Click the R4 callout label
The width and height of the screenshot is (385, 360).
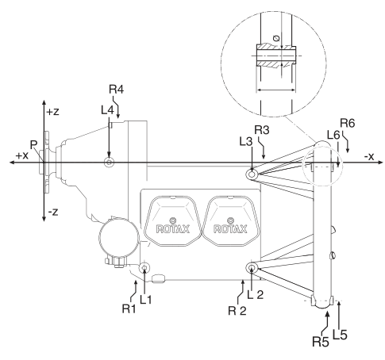(x=117, y=90)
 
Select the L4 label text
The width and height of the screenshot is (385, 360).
(x=107, y=110)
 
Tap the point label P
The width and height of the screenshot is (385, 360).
(x=33, y=145)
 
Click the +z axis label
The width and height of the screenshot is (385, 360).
(x=52, y=112)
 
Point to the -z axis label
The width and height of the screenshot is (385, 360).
(x=53, y=212)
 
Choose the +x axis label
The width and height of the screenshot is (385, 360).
(x=21, y=155)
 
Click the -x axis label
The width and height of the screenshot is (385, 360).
(x=369, y=157)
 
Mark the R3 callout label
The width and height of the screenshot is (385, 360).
(x=262, y=130)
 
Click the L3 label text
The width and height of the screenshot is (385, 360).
(x=246, y=142)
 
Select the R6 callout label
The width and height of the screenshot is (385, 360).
(x=348, y=123)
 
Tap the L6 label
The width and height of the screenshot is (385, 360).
(x=333, y=136)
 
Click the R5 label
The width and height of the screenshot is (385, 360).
(x=321, y=342)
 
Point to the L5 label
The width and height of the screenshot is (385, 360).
(x=340, y=335)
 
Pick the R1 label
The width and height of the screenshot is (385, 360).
(x=129, y=308)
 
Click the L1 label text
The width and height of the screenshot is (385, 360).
(x=146, y=300)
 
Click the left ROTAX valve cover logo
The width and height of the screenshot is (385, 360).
(x=173, y=229)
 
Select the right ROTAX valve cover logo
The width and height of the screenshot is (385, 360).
(x=230, y=229)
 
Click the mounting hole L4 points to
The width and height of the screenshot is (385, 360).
(x=109, y=163)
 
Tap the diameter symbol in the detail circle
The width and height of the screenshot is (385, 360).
(x=277, y=38)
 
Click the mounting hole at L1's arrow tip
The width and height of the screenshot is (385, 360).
(x=144, y=268)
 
